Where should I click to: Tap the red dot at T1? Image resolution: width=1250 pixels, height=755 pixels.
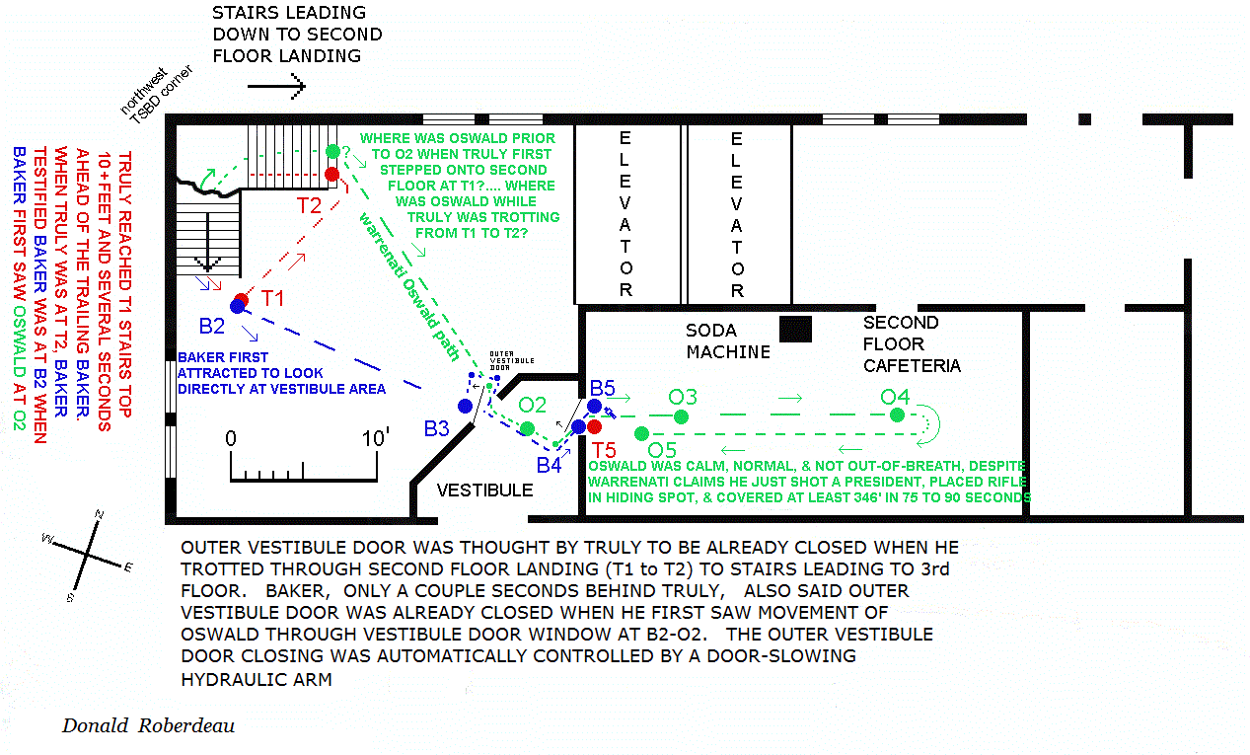(243, 300)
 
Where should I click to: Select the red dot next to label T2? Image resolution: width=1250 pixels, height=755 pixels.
(332, 175)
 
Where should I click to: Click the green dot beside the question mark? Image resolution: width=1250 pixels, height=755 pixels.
(332, 151)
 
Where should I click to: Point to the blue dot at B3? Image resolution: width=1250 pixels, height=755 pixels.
(465, 406)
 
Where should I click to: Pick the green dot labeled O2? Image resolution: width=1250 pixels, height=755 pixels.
(528, 428)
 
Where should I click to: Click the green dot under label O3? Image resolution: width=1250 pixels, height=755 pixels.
(681, 416)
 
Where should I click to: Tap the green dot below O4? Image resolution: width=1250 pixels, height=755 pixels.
(896, 415)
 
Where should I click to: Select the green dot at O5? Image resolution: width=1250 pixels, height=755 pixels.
(641, 433)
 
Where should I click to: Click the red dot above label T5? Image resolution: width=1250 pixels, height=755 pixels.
(594, 426)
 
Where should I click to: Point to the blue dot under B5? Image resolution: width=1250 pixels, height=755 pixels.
(594, 406)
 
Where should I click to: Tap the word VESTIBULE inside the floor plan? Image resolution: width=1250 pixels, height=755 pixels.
(484, 490)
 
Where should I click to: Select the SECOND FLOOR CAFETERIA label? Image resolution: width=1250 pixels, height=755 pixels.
(911, 343)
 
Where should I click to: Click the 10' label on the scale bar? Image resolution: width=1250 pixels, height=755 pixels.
(376, 438)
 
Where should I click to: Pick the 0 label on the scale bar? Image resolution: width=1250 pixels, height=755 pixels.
(231, 438)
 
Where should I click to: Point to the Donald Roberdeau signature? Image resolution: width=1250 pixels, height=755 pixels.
(148, 726)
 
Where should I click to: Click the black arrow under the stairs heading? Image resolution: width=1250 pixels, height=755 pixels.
(276, 87)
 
